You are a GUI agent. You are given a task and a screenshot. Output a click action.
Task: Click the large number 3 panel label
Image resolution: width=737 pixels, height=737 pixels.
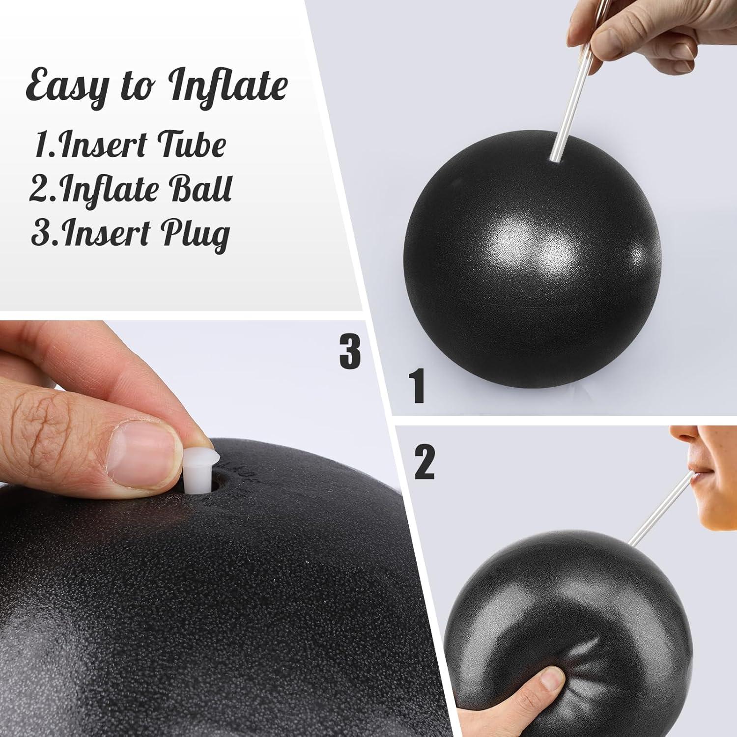coord(350,351)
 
